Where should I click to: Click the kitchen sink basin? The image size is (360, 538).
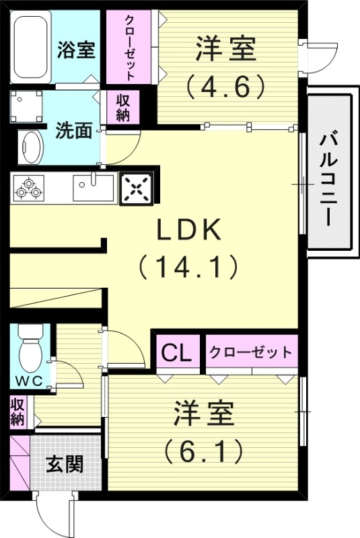point(93,187)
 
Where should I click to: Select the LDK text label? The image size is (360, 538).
point(189,231)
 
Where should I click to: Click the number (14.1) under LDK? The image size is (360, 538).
point(189,268)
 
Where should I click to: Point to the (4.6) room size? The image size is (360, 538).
point(226,86)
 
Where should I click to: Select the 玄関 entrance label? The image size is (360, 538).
point(65,464)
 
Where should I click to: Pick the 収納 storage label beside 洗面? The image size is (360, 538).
point(122,107)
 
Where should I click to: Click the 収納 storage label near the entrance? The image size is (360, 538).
point(18,412)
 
